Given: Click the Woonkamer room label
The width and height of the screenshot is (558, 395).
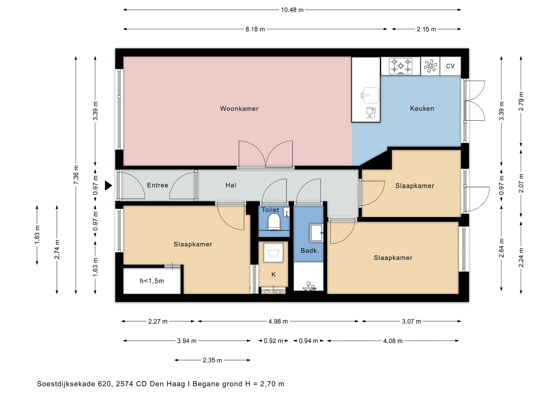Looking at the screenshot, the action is point(239,108).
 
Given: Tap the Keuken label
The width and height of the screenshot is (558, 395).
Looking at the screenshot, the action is point(422,108).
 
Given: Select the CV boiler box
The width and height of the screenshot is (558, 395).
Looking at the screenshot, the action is point(450,66).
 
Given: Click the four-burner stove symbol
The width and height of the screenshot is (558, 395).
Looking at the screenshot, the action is point(401,66).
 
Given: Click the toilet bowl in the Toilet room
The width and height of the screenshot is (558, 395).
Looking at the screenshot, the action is point(274,222).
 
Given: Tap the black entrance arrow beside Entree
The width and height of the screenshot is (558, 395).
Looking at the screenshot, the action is point(108,185).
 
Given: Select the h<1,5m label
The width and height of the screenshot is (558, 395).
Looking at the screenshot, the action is point(152,281).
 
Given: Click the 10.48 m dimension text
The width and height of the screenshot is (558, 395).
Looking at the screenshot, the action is point(292,10).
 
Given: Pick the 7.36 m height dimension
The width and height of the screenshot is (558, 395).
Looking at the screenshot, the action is point(76,175).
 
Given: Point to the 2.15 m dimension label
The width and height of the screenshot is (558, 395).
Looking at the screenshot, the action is point(426,29).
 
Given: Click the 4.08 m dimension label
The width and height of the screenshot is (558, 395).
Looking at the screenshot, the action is point(393,341).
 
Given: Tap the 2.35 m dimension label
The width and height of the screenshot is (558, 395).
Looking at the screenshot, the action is point(212,360).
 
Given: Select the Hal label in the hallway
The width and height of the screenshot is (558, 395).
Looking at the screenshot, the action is point(231,185).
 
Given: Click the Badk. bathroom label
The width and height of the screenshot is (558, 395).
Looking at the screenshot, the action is point(310,251).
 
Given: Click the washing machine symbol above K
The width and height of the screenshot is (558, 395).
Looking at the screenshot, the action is point(273,253).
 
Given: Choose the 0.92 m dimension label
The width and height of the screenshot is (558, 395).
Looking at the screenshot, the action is point(273,341).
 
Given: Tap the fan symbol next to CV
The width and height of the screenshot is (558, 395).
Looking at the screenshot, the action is point(430,66).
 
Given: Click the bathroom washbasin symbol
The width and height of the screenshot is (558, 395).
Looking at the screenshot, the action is point(316,233).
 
